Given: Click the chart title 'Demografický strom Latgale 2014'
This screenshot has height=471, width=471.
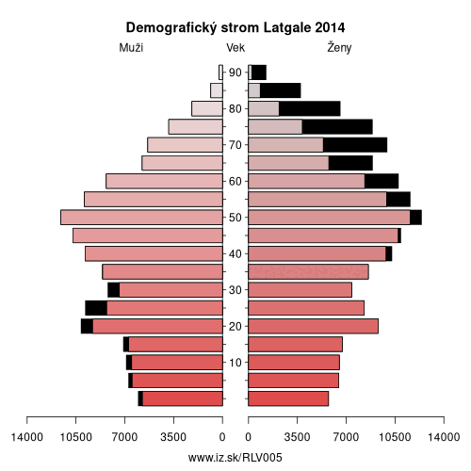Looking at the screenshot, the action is pyautogui.click(x=235, y=27).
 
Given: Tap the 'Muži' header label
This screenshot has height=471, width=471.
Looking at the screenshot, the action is pyautogui.click(x=131, y=48).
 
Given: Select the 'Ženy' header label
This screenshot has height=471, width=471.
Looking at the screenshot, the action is pyautogui.click(x=339, y=47).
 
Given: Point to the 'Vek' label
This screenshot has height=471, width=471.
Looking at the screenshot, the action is pyautogui.click(x=235, y=48).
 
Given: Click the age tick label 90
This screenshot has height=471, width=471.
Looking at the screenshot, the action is pyautogui.click(x=235, y=73).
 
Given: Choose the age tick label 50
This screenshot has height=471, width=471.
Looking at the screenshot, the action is pyautogui.click(x=235, y=218).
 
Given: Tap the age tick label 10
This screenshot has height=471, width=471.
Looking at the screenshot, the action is pyautogui.click(x=235, y=363).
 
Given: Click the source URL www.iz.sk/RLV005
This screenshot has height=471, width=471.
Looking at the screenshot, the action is pyautogui.click(x=235, y=458).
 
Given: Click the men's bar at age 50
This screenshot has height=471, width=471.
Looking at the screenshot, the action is pyautogui.click(x=141, y=218).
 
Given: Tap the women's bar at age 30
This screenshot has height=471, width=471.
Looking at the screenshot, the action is pyautogui.click(x=300, y=290).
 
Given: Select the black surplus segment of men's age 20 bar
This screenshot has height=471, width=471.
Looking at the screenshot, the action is pyautogui.click(x=87, y=326).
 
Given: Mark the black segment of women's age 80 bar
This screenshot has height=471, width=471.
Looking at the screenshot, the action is pyautogui.click(x=310, y=108).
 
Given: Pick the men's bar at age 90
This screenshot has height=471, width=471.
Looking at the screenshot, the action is pyautogui.click(x=220, y=73).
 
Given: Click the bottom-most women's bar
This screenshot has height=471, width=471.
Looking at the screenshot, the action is pyautogui.click(x=288, y=398).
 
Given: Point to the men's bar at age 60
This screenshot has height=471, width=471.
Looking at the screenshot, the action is pyautogui.click(x=164, y=181).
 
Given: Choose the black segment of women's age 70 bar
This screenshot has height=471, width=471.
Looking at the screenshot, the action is pyautogui.click(x=355, y=145).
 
